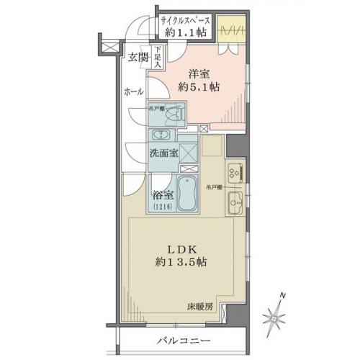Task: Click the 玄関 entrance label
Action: click(x=138, y=58)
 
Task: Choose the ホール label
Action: click(x=133, y=92)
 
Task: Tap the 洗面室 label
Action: click(x=163, y=153)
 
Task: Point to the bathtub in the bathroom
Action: click(x=189, y=194)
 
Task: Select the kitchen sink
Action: click(x=235, y=205)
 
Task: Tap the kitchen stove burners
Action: click(x=236, y=174)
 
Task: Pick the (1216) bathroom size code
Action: click(x=162, y=207)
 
